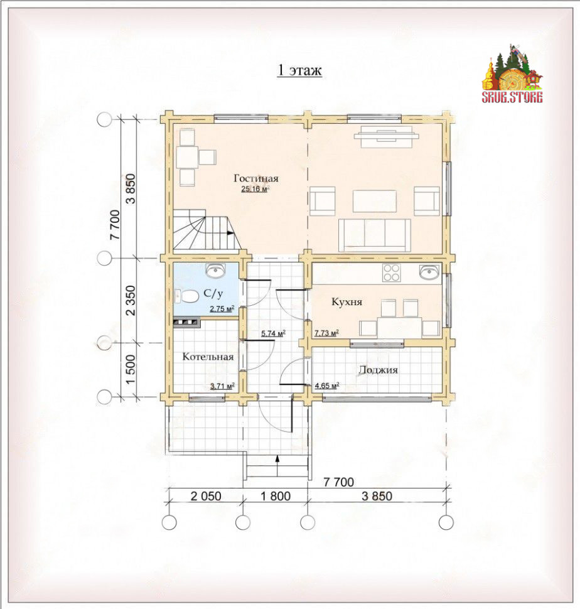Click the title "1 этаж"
click(299, 70)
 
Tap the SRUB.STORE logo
click(512, 74)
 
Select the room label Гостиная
click(256, 178)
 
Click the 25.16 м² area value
click(255, 190)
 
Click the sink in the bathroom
click(215, 271)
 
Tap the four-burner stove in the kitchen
click(391, 272)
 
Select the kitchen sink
click(430, 272)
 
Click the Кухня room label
click(346, 302)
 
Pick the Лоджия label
click(378, 370)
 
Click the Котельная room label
click(208, 357)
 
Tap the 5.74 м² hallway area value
click(273, 333)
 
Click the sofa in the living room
click(375, 235)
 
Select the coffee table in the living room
click(375, 201)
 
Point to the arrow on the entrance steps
click(277, 465)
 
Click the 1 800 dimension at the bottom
click(275, 496)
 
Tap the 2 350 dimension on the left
click(131, 300)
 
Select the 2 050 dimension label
click(206, 496)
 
